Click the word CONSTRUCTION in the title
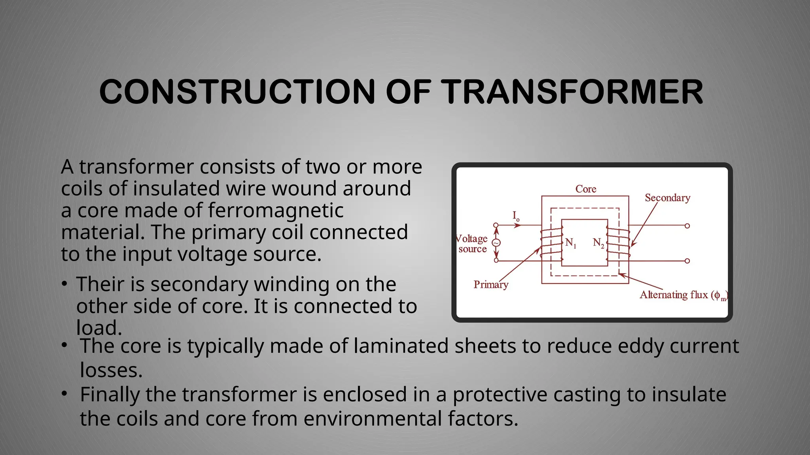coord(237,92)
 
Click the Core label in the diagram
coord(585,189)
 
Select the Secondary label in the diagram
coord(667,198)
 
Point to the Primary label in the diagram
coord(490,285)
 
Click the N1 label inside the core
coord(570,243)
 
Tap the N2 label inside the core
coord(598,243)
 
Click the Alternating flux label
coord(683,295)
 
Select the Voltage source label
coord(472,244)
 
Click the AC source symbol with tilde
coord(496,243)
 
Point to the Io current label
coord(516,216)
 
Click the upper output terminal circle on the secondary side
coord(687,226)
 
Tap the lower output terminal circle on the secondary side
coord(687,261)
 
